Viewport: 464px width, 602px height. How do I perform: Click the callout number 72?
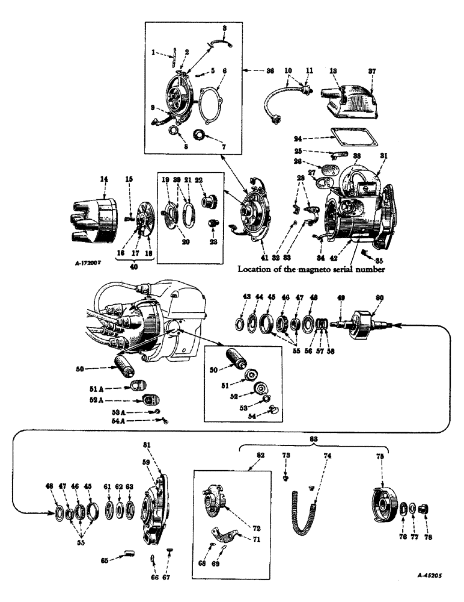tap(243, 528)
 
